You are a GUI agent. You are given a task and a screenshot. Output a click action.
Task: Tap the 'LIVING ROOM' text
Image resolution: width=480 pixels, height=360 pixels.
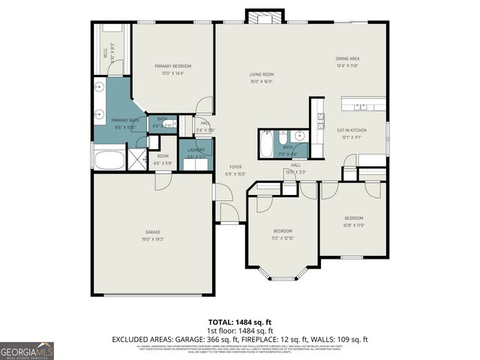pos(261,74)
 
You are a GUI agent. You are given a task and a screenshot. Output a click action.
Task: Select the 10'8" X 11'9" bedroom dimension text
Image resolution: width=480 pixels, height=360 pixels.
pos(353,225)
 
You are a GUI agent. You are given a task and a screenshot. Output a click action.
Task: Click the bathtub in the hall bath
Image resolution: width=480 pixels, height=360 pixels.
pos(268,144)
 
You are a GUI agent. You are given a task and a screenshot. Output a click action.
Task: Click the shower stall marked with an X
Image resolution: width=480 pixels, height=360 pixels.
pos(138,159)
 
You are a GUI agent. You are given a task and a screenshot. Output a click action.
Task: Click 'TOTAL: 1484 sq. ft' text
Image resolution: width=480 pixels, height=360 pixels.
pos(240,320)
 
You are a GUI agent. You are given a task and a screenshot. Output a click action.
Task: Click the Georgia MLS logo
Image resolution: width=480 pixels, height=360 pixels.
pos(27,350)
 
